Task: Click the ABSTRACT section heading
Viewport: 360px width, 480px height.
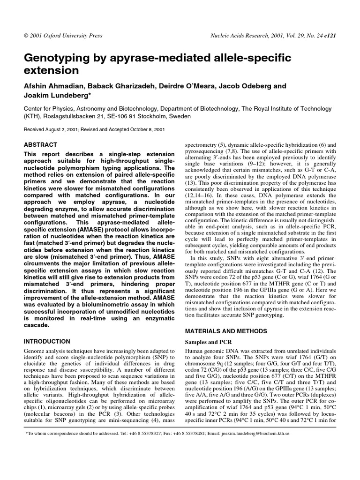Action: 40,145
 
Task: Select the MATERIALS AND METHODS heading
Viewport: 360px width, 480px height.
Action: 227,330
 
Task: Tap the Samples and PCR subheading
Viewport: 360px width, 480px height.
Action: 209,343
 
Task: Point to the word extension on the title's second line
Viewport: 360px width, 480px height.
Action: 51,71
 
